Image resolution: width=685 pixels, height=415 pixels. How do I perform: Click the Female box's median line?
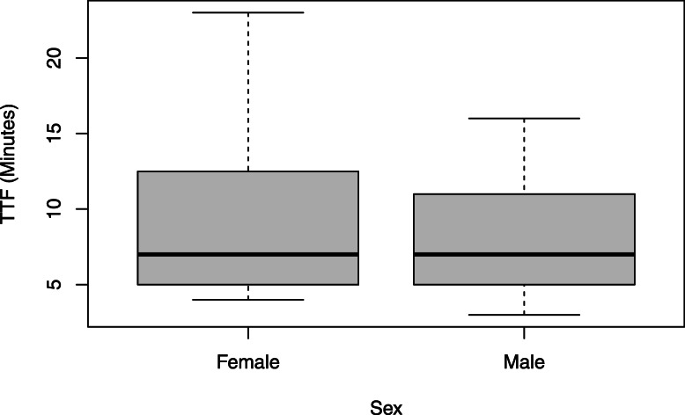pos(248,254)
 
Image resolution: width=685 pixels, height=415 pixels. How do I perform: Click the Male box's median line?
pos(525,254)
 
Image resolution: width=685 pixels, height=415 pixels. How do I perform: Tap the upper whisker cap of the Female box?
pos(248,12)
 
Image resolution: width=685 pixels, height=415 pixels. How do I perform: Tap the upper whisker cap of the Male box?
pos(525,118)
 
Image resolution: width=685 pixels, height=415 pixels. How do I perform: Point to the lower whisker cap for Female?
pos(248,300)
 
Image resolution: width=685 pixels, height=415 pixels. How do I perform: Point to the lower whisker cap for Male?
pos(525,315)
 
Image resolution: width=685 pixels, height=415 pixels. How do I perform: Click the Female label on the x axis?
pos(248,360)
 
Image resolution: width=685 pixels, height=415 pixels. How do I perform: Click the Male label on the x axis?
pos(525,360)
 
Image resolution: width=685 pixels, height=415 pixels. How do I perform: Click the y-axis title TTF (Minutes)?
pos(11,166)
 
